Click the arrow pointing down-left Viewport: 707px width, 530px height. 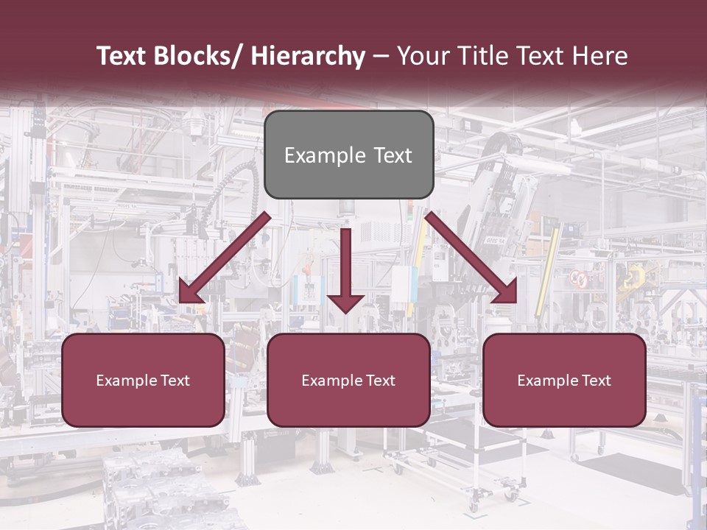(225, 258)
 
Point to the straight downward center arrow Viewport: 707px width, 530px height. (345, 265)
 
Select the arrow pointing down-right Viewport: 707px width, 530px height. (471, 258)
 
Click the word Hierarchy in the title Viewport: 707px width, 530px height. (308, 57)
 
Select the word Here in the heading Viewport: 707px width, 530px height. (600, 56)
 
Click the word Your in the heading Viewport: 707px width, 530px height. (423, 56)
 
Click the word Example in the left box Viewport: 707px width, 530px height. (127, 381)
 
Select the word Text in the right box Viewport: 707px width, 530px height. (595, 381)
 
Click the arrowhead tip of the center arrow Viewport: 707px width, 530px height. (345, 312)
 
